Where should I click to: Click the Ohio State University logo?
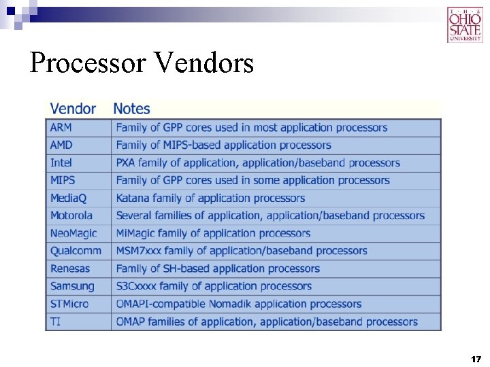coord(464,24)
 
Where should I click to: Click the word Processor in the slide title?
coord(87,63)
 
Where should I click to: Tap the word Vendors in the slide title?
coord(204,63)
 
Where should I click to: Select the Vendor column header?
coord(73,109)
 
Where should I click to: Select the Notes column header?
coord(131,109)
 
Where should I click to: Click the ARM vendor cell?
coord(61,128)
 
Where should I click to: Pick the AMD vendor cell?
coord(61,145)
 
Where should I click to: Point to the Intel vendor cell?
coord(61,163)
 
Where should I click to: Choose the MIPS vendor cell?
coord(63,181)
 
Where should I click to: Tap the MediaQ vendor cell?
coord(68,198)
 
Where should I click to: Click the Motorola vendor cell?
coord(71,215)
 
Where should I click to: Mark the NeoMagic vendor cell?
coord(73,233)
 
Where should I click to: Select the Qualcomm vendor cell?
coord(76,251)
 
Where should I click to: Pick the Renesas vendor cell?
coord(70,268)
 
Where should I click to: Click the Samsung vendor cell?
coord(72,286)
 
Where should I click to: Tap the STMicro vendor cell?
coord(69,304)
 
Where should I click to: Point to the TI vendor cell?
coord(55,321)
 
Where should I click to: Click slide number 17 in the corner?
coord(476,358)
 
